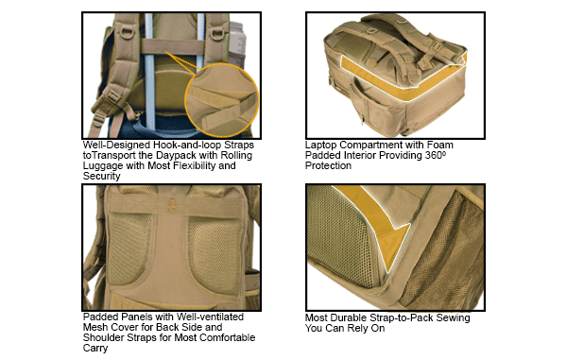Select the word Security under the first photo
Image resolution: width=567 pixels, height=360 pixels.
pos(101,177)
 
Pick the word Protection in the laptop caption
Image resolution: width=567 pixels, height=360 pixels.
pos(328,166)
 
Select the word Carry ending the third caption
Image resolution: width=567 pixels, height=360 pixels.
pos(95,349)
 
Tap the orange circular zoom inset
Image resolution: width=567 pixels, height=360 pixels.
pos(222,100)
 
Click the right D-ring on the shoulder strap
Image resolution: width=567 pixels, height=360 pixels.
pos(217,33)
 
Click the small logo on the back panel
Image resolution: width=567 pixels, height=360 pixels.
pos(172,205)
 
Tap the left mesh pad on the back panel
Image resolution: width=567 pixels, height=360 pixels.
pos(129,249)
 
